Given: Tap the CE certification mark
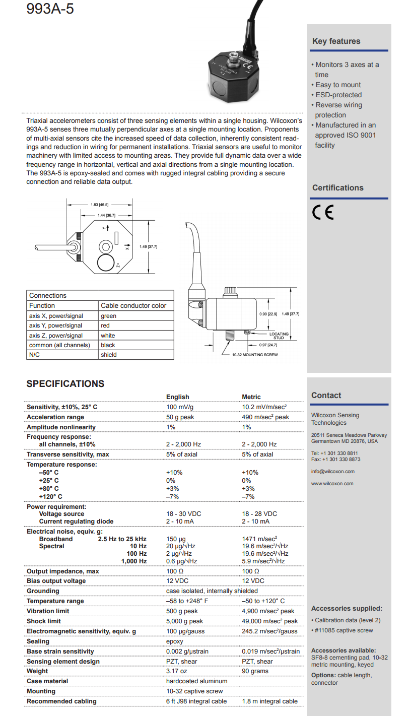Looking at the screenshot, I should point(323,213).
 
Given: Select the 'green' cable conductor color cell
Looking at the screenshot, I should point(108,316).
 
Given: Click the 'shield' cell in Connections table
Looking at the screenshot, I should point(108,355).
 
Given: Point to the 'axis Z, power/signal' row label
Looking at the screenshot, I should point(56,336).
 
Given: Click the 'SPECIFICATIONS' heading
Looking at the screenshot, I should point(65,384).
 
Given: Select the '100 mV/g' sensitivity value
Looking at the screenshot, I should point(181,407).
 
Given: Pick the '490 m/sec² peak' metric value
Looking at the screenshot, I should point(265,417).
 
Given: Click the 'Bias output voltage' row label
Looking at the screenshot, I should point(56,581).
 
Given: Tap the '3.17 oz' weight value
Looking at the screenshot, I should point(177,671).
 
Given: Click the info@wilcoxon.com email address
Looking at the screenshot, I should point(333,472).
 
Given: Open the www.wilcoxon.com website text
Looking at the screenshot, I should point(332,484).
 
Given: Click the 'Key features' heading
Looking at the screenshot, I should point(336,41).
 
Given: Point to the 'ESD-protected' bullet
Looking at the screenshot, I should point(338,95).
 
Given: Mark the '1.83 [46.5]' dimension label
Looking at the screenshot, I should point(99,205).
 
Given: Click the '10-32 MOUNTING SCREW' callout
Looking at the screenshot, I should point(255,355).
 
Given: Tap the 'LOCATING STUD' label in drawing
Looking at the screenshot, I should point(279,336).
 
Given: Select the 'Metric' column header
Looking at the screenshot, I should point(251,397).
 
